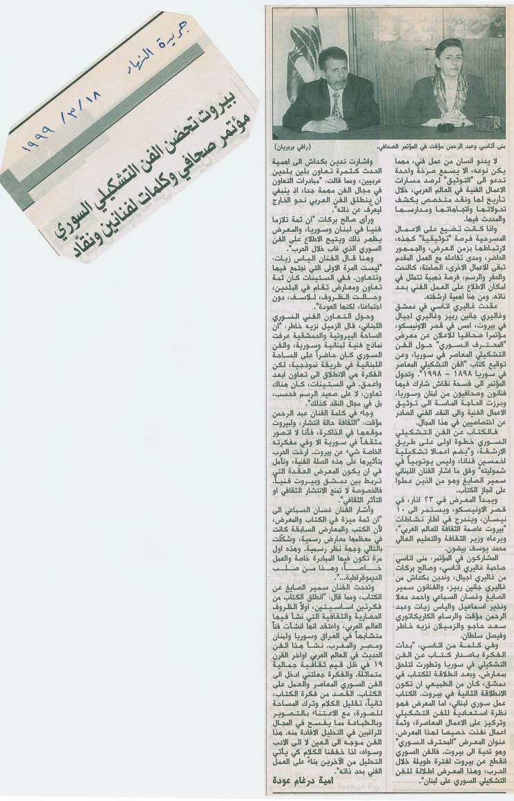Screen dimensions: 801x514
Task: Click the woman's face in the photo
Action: (x=449, y=59)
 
